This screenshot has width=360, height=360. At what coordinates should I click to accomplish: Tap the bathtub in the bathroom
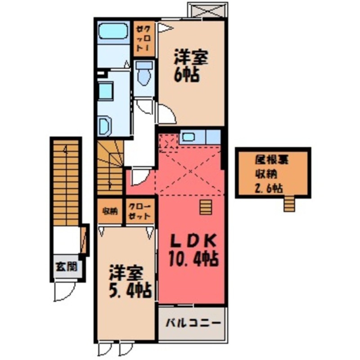tap(112, 31)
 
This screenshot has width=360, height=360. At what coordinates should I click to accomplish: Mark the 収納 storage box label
tap(109, 211)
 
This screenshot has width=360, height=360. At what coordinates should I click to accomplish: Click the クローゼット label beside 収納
tap(140, 211)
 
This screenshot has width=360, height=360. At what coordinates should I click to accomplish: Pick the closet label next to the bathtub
tap(144, 39)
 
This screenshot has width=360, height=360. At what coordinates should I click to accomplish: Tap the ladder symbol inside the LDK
tap(206, 208)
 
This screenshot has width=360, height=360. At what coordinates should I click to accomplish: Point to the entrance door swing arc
tap(63, 292)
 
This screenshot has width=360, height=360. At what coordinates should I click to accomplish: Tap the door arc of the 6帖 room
tap(164, 113)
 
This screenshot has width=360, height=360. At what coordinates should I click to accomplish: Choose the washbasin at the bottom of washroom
tap(105, 126)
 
